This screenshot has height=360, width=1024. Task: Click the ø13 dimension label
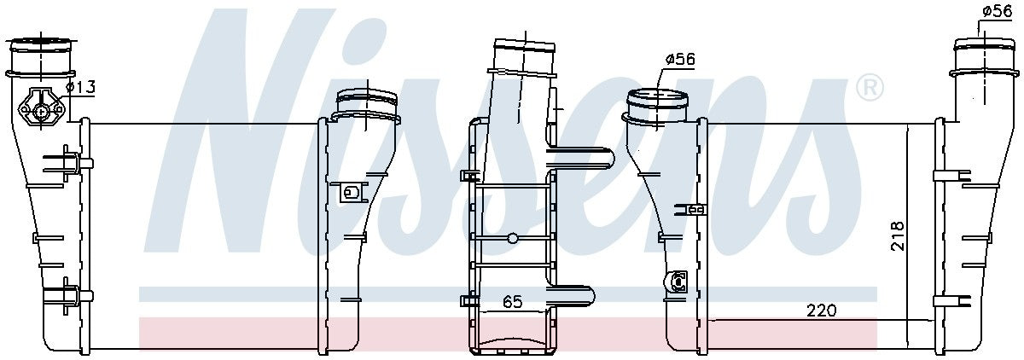click(x=80, y=86)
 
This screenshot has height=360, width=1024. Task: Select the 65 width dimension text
click(x=512, y=301)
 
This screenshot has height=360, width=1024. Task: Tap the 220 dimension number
click(x=821, y=311)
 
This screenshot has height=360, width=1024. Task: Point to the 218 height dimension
click(x=898, y=235)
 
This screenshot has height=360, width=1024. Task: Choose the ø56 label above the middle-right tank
click(x=680, y=59)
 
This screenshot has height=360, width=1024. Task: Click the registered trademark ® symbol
click(x=870, y=87)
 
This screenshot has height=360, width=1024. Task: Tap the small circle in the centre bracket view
click(x=513, y=238)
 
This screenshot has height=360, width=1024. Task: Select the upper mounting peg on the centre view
click(x=581, y=158)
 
